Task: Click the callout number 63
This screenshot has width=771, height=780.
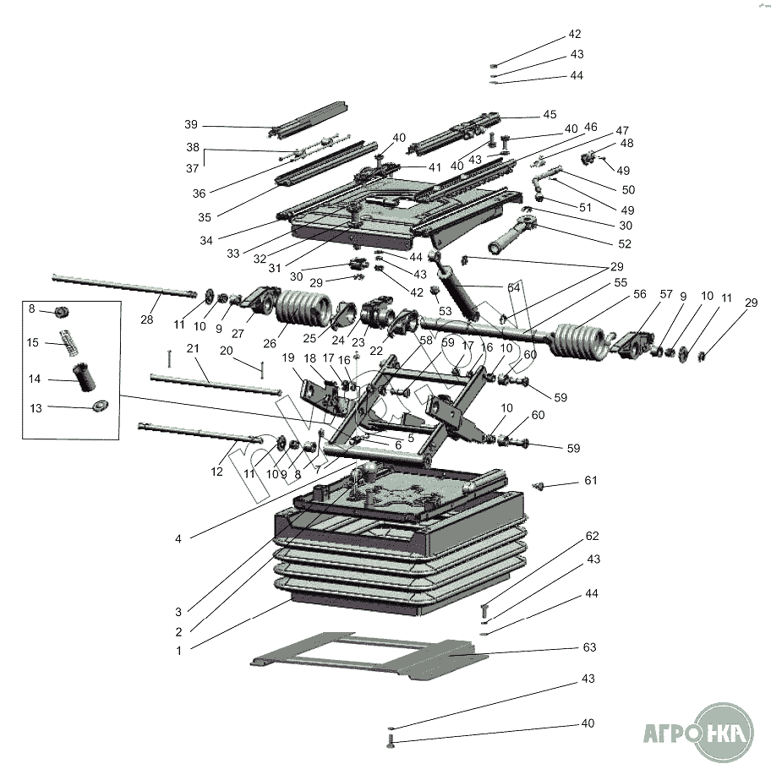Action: tap(589, 647)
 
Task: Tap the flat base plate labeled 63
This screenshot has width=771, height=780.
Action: tap(372, 655)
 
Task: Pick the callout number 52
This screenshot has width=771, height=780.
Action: tap(625, 243)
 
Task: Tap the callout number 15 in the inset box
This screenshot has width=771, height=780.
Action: tap(33, 342)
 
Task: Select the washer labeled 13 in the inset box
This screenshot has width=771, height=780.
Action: tap(100, 406)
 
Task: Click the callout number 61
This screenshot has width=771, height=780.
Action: tap(590, 481)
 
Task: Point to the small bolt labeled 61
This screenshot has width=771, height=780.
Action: tap(539, 485)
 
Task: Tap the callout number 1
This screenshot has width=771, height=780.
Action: tap(178, 651)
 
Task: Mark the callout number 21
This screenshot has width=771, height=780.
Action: tap(192, 348)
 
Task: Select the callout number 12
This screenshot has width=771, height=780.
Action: tap(217, 471)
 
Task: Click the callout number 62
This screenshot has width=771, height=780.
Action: tap(592, 536)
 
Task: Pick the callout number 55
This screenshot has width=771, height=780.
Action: tap(621, 282)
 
